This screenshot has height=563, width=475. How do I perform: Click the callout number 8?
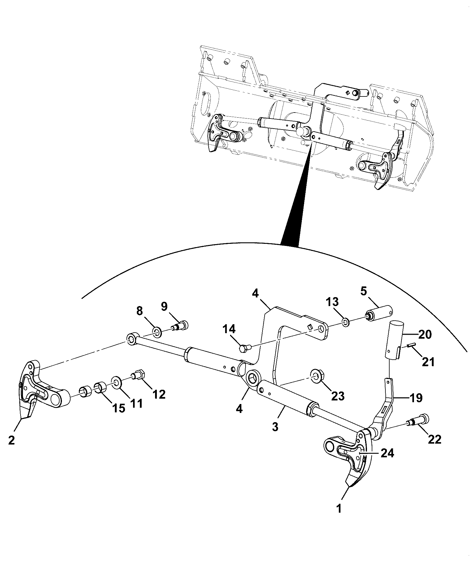(140, 311)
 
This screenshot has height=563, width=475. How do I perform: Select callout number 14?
(228, 330)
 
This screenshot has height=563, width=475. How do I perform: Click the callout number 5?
(364, 291)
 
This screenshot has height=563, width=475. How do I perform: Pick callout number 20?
(425, 335)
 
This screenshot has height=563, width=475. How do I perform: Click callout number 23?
(338, 396)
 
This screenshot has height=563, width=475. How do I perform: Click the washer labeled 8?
(157, 332)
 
